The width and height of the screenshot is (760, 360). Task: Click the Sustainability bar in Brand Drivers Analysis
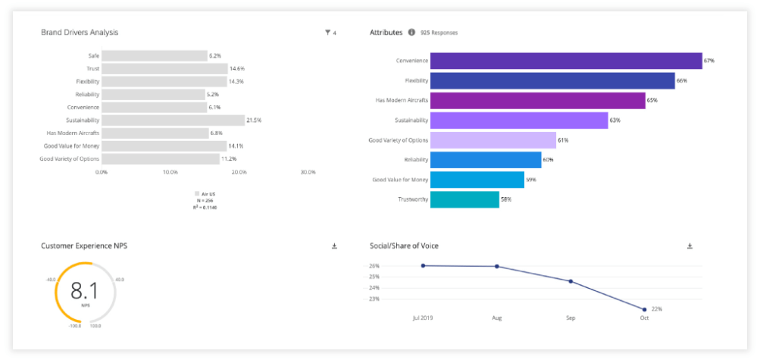coord(173,120)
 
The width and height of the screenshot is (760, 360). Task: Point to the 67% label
coord(709,61)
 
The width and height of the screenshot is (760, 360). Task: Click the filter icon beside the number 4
coord(327,33)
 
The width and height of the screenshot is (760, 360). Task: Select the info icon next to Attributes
coord(411,33)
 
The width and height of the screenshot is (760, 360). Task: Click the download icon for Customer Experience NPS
coord(334,246)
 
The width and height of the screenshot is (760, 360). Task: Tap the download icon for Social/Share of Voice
coord(690,246)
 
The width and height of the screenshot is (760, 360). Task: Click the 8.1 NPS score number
coord(86,291)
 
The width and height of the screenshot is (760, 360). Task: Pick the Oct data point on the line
coord(644,309)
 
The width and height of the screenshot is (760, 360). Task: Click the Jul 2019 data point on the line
coord(423,265)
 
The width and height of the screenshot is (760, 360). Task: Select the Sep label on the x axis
coord(571,318)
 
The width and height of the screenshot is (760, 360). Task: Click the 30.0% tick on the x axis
coord(308,172)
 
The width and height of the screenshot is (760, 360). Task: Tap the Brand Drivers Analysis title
coord(80,33)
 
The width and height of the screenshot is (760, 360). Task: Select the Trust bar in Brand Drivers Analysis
coord(164,68)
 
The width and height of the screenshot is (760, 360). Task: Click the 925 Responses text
coord(439,33)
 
